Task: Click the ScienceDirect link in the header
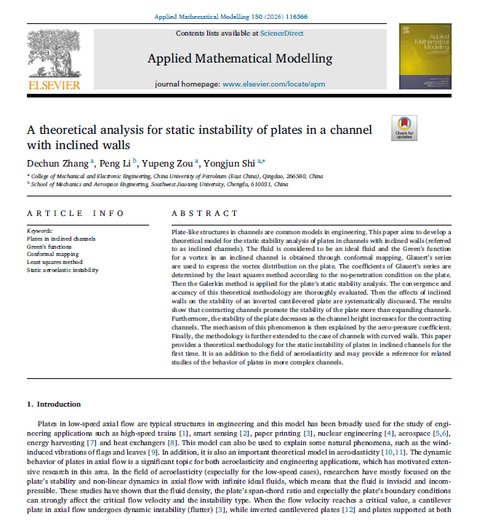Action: pos(284,34)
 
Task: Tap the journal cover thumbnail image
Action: pos(424,57)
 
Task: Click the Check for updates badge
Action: pos(404,127)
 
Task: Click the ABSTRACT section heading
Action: pos(204,213)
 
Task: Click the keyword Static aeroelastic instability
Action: pos(63,270)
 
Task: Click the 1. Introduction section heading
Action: pos(54,404)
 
